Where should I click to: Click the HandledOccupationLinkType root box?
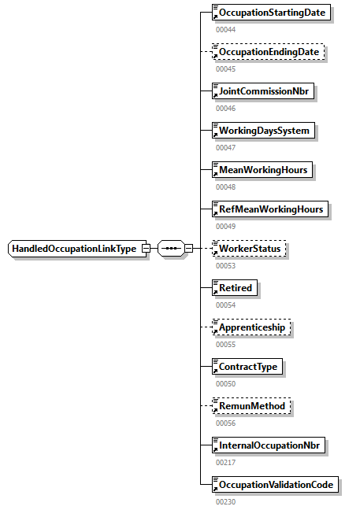click(x=74, y=249)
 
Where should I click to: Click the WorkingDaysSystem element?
click(x=264, y=131)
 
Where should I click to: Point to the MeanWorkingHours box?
click(x=263, y=170)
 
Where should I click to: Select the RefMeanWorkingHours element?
click(x=271, y=209)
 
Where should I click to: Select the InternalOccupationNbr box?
click(x=269, y=445)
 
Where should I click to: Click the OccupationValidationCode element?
click(x=276, y=485)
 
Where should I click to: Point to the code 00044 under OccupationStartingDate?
click(x=225, y=29)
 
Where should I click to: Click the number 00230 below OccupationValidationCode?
click(x=225, y=501)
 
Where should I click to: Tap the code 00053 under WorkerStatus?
click(x=225, y=265)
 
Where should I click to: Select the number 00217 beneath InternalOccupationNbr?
click(x=225, y=462)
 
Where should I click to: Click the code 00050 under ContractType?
click(x=225, y=383)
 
